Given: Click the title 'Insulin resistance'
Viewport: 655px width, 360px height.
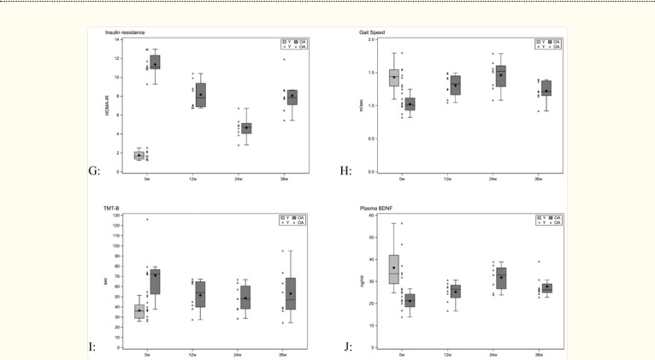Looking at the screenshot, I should point(124,32).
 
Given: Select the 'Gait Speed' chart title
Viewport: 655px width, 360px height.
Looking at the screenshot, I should point(377,32).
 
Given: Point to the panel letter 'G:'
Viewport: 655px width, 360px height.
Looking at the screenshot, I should point(94,171).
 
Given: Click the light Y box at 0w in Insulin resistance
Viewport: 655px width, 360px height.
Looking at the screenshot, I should point(139,155).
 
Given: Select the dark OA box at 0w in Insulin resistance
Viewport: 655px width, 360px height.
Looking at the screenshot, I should point(155,62).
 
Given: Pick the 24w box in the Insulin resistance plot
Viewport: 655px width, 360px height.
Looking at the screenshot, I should point(246,128).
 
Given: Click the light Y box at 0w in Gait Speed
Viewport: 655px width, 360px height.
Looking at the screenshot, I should point(394,78).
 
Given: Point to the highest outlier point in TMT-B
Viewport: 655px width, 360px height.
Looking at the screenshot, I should point(147,219).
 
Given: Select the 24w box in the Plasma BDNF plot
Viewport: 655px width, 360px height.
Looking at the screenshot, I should point(501,277).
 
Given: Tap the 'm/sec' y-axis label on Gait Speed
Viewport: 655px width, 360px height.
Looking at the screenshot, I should point(363,105).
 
